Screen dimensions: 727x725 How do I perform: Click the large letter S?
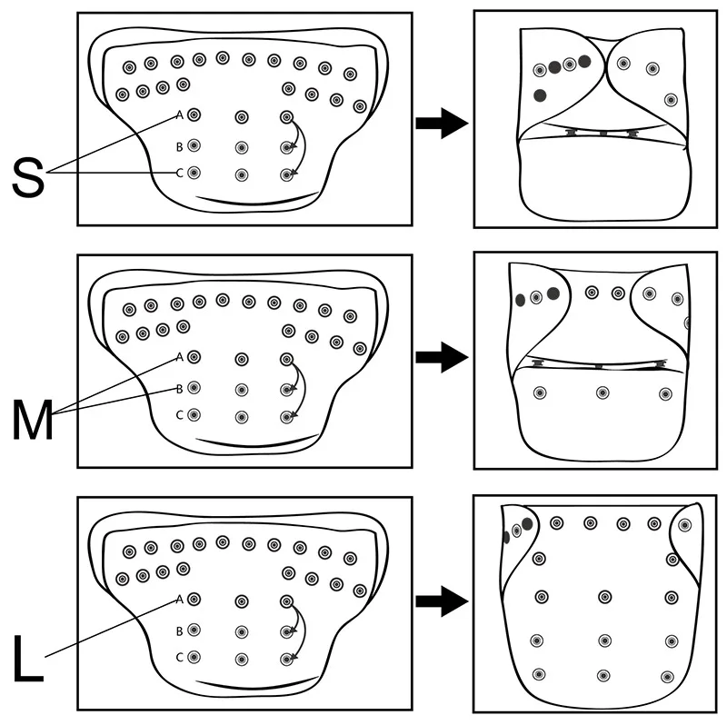click(x=29, y=177)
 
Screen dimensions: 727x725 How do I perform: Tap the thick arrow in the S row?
click(x=441, y=124)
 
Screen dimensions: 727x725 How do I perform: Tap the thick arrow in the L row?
click(x=441, y=600)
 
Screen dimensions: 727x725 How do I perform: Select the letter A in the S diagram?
click(x=180, y=115)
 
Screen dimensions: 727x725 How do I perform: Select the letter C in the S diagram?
click(x=180, y=174)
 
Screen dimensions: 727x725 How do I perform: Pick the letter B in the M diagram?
click(x=180, y=389)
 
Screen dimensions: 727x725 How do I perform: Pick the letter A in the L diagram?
click(x=180, y=599)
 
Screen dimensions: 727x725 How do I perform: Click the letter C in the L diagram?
click(x=180, y=657)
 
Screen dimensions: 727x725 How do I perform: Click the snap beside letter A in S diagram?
click(x=194, y=115)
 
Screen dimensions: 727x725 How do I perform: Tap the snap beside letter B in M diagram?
click(x=194, y=388)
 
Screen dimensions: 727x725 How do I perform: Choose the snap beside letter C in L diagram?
click(x=194, y=657)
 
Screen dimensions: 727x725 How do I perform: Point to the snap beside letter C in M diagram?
click(x=194, y=416)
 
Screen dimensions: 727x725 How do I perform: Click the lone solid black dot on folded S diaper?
click(x=540, y=95)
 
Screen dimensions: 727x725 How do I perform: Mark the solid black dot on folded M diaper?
click(x=521, y=300)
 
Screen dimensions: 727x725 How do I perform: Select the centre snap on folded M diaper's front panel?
click(x=602, y=392)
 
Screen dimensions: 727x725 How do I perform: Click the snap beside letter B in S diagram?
click(x=194, y=145)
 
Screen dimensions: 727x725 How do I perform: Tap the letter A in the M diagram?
click(x=180, y=357)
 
